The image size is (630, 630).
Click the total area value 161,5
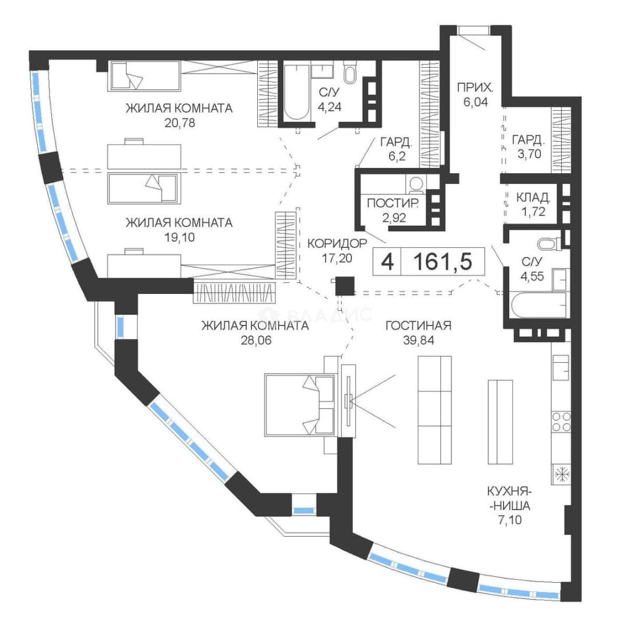click(443, 261)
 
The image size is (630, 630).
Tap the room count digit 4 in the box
click(387, 262)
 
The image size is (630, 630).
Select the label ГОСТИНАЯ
click(418, 325)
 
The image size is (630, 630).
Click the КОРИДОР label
click(337, 243)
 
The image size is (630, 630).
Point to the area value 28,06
click(256, 340)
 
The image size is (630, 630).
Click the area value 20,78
click(180, 123)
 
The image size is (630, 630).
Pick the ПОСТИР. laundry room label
click(393, 204)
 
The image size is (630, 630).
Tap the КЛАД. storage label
click(533, 197)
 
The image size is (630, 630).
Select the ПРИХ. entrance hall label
click(475, 87)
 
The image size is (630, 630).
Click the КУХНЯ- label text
click(510, 491)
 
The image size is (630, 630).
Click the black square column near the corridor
click(345, 286)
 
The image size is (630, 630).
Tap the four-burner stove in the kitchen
click(561, 421)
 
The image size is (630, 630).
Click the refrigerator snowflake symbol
click(561, 474)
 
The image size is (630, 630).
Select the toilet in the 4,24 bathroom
click(349, 72)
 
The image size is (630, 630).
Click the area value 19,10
click(180, 237)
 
